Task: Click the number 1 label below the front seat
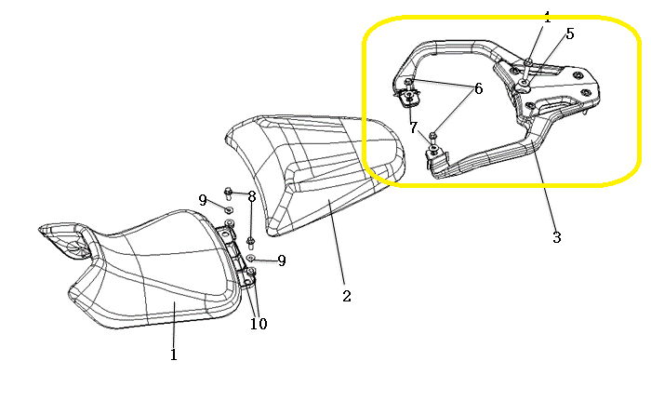tap(174, 354)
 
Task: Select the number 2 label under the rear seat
tap(347, 296)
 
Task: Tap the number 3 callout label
tap(557, 237)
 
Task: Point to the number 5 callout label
tap(570, 33)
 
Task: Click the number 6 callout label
tap(478, 88)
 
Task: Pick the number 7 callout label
tap(413, 127)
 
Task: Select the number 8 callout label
tap(252, 196)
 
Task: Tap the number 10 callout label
tap(259, 323)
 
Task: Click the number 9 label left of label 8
tap(203, 200)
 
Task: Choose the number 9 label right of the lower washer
tap(282, 261)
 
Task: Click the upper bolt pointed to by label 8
tap(229, 194)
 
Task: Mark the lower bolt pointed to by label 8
tap(250, 241)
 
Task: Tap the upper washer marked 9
tap(229, 208)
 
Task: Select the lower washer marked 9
tap(250, 258)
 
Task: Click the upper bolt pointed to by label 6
tap(408, 82)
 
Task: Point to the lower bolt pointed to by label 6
tap(432, 137)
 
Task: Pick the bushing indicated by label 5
tap(523, 86)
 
